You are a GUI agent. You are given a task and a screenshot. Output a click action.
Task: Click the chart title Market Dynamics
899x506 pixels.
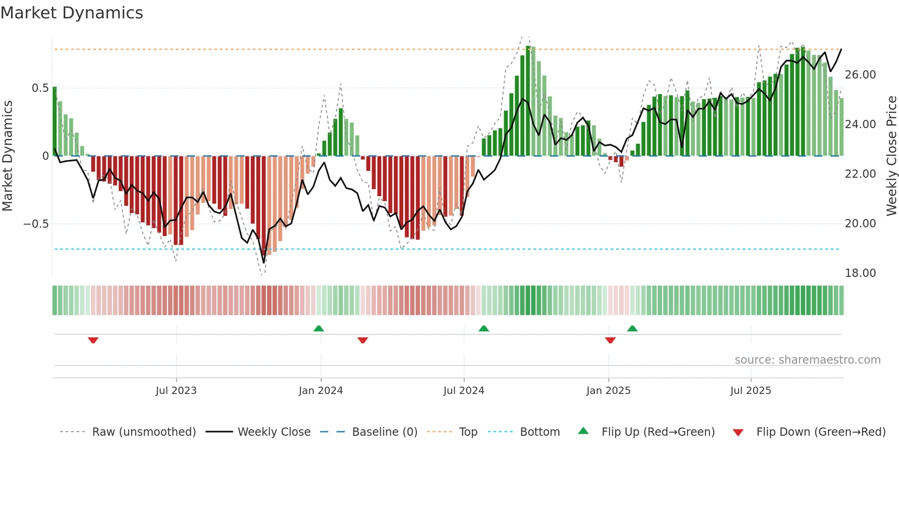click(x=72, y=13)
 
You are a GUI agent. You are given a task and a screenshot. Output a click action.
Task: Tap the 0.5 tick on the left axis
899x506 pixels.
click(x=40, y=88)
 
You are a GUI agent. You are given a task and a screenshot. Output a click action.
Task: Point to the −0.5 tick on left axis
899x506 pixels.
click(x=36, y=224)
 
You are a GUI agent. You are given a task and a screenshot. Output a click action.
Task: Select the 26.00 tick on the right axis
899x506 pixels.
click(x=860, y=74)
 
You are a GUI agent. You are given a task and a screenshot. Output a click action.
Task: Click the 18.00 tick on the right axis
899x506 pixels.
click(x=860, y=273)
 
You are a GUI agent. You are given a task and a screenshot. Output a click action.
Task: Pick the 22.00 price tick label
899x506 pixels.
click(x=860, y=174)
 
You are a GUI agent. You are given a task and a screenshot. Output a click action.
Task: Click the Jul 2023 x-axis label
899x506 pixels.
click(x=176, y=390)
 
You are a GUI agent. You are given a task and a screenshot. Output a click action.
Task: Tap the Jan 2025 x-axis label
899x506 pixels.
click(x=608, y=390)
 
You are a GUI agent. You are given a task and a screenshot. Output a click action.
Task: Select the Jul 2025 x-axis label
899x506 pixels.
click(x=750, y=390)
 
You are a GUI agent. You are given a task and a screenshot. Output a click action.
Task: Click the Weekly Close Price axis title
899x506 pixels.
click(x=891, y=156)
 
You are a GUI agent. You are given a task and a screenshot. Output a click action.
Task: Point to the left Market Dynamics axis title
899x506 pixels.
click(x=7, y=156)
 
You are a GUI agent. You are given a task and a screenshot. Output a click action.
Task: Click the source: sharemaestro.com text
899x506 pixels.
click(x=807, y=360)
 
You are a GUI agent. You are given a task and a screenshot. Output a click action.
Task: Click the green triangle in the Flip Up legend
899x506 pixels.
click(x=583, y=431)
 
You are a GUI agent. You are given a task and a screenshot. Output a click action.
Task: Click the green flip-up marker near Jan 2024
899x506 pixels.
click(x=319, y=328)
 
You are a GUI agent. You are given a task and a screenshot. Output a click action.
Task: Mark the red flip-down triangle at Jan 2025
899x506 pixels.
click(x=610, y=340)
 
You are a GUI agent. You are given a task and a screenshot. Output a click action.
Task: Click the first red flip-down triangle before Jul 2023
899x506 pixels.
click(x=93, y=340)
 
